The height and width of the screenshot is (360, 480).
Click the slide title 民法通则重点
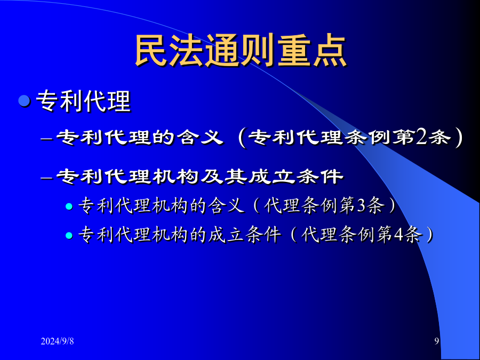pos(241,51)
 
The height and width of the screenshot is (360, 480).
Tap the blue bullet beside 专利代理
pos(24,101)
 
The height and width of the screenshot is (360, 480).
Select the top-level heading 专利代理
pos(83,101)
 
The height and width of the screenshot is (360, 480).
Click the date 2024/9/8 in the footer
pos(57,341)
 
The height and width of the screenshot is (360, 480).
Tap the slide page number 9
pos(437,341)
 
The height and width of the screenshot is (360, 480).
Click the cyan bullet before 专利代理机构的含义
pos(69,206)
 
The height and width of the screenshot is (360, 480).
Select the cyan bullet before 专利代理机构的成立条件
pos(69,236)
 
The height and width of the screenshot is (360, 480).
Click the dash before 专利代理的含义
pos(46,139)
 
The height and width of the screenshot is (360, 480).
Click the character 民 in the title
pos(152,51)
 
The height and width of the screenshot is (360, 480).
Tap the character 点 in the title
pos(330,51)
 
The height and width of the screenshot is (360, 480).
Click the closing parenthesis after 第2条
pos(458,138)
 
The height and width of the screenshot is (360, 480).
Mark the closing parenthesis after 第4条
pos(429,236)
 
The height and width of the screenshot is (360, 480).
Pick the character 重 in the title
pos(294,51)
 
